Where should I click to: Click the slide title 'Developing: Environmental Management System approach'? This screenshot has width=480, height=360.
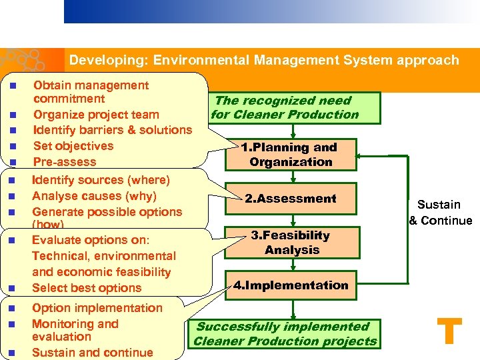(x=264, y=60)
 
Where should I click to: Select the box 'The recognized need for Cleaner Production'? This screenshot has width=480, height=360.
(x=285, y=107)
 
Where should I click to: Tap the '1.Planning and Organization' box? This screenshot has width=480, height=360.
(x=291, y=155)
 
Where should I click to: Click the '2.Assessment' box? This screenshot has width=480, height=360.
(x=291, y=199)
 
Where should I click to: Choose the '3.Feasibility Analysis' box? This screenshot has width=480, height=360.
(x=291, y=243)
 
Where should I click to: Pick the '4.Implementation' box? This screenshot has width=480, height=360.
(x=291, y=285)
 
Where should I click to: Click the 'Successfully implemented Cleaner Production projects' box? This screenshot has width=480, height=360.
(x=285, y=334)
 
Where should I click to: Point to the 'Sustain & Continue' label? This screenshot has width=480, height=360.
(x=440, y=213)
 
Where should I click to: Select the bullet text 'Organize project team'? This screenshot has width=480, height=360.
(x=96, y=115)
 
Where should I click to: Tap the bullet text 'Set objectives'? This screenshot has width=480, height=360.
(x=73, y=146)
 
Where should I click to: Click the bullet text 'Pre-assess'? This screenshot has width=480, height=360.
(x=65, y=162)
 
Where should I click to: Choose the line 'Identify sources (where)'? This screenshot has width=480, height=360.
(x=101, y=180)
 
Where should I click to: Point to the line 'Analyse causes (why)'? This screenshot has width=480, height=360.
(x=94, y=196)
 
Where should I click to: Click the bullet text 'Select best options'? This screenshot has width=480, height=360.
(x=87, y=288)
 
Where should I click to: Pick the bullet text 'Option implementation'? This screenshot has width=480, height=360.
(x=97, y=308)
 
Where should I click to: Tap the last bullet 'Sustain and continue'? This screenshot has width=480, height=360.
(x=92, y=353)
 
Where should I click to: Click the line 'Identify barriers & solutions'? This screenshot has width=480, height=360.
(x=112, y=130)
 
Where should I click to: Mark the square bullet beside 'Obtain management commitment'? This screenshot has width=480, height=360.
(x=12, y=86)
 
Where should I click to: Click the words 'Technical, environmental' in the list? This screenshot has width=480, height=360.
(x=104, y=256)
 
